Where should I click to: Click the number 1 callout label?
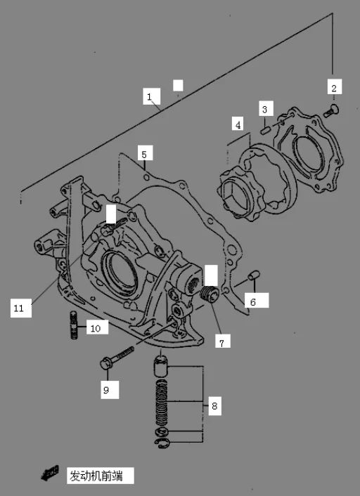point(149,96)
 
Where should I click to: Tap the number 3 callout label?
point(265,109)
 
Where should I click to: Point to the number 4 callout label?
point(238,124)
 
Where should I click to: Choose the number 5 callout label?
point(143,154)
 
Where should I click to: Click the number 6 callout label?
point(254,301)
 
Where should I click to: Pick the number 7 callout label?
point(221,342)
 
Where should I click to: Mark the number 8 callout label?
point(214,405)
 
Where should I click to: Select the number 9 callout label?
point(106,390)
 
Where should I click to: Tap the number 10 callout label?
point(95,328)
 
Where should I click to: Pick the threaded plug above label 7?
point(207,294)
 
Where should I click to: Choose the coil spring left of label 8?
point(162,403)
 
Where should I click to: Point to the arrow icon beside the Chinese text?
point(49,474)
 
